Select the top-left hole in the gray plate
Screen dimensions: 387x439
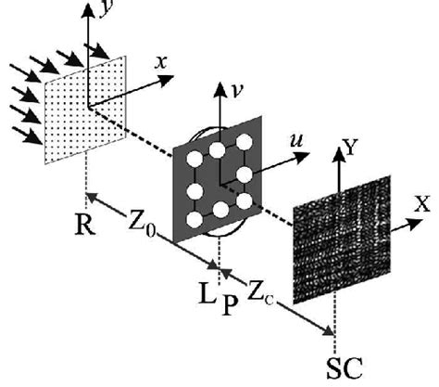(195, 156)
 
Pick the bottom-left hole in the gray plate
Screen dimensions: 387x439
(195, 220)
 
